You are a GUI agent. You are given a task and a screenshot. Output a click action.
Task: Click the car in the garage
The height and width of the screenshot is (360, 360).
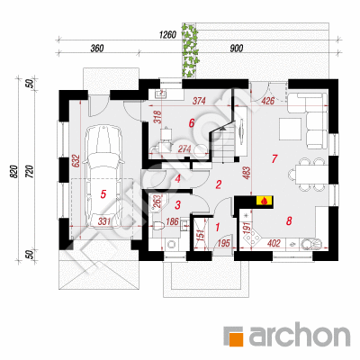(x=103, y=177)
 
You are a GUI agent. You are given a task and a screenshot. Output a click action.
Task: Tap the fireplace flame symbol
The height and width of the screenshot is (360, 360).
(x=264, y=201)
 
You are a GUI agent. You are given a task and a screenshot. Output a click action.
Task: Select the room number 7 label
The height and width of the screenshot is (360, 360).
(x=274, y=159)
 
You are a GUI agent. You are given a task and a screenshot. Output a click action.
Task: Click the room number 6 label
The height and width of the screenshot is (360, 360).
(x=192, y=122)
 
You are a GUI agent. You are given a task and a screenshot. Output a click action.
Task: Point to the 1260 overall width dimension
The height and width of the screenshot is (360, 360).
(x=167, y=35)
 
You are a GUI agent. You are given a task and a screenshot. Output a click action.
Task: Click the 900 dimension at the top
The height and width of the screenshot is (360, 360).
(x=237, y=48)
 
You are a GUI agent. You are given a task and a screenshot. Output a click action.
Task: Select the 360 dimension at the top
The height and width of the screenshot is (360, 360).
(x=97, y=48)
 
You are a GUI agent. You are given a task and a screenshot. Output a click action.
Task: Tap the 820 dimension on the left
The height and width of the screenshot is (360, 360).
(x=14, y=172)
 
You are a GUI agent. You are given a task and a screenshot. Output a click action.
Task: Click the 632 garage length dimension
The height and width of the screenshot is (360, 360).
(x=75, y=161)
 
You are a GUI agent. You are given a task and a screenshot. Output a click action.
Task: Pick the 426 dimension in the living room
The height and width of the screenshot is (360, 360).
(x=268, y=101)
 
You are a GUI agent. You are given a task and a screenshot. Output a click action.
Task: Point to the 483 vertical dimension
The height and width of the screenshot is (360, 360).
(x=247, y=173)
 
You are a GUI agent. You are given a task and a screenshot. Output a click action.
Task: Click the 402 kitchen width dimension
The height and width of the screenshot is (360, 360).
(x=274, y=243)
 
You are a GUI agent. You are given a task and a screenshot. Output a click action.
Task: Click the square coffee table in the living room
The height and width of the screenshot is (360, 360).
(x=291, y=129)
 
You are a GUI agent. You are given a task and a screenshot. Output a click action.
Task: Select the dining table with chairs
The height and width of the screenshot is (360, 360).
(x=308, y=175)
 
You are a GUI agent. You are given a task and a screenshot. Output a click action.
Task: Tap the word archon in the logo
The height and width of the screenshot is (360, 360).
(x=300, y=334)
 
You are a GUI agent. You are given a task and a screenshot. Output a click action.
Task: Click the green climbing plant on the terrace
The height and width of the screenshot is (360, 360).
(x=190, y=49)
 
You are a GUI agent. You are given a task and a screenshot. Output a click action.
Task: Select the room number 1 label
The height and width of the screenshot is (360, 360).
(x=218, y=227)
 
